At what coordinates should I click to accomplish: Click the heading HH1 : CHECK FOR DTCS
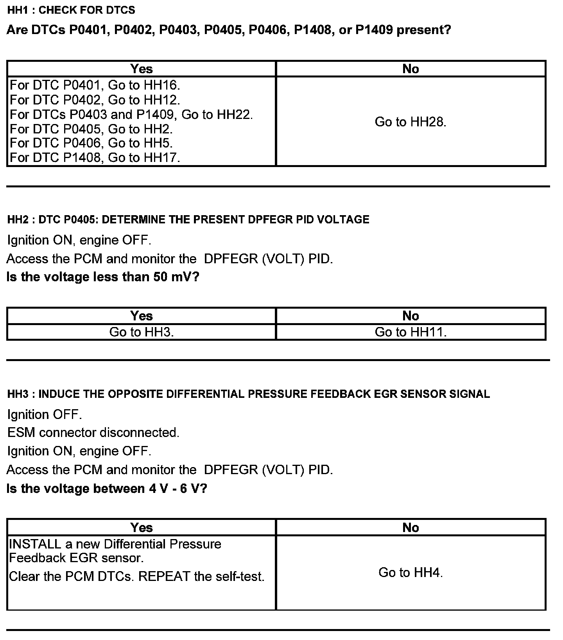(71, 10)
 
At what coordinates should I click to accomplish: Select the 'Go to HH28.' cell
(411, 122)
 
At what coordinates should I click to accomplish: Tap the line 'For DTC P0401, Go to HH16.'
(95, 85)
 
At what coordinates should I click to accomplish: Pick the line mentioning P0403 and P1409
(131, 115)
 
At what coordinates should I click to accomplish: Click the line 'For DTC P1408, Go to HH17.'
(95, 158)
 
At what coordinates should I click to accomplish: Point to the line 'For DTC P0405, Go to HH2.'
(91, 129)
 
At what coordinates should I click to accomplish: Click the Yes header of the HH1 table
(142, 69)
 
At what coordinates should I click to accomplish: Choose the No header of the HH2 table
(411, 316)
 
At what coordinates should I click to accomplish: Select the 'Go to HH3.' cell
(142, 332)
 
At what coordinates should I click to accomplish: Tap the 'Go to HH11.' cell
(411, 332)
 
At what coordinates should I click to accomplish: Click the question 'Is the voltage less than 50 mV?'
(103, 277)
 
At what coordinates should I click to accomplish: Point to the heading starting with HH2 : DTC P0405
(188, 219)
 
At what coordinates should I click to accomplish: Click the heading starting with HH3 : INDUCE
(248, 394)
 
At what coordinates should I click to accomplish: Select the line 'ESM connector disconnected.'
(93, 433)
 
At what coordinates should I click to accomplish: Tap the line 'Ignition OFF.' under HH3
(45, 414)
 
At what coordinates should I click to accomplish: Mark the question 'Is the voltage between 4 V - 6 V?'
(107, 489)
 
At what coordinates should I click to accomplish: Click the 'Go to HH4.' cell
(411, 573)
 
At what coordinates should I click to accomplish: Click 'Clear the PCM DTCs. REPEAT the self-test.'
(136, 577)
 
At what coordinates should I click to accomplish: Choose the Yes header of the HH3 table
(142, 527)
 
